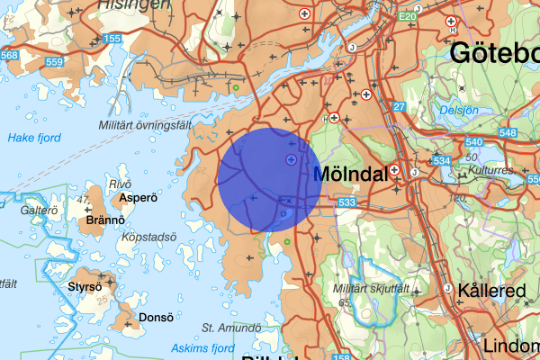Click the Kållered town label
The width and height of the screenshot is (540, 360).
[490, 291]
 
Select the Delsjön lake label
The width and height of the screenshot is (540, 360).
[459, 110]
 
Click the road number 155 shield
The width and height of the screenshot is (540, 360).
[112, 39]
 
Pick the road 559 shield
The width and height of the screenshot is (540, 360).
[53, 62]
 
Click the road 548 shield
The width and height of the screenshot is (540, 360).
[507, 134]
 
